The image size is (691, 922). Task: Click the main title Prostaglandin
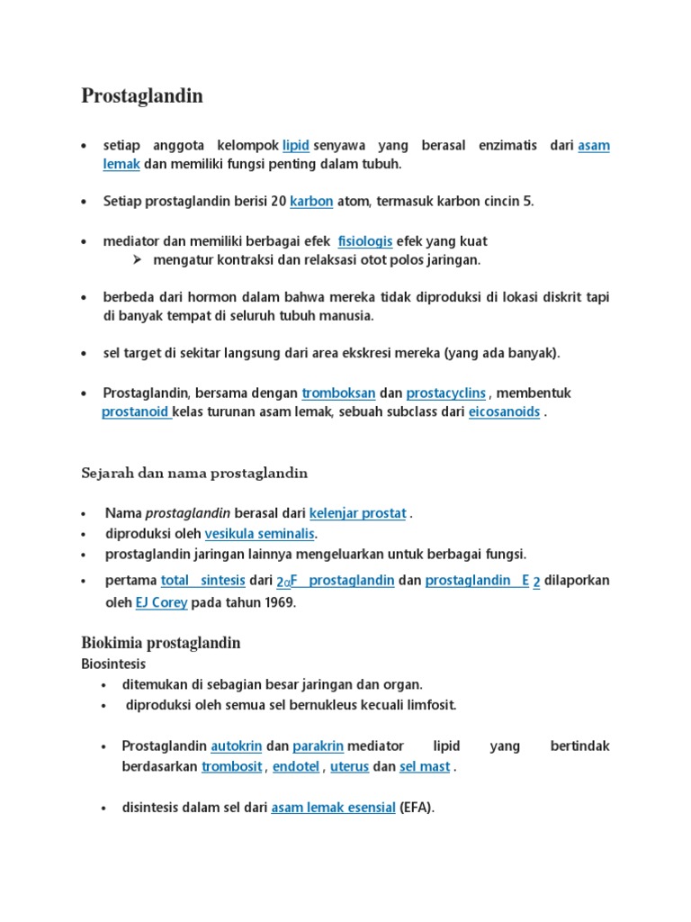[142, 96]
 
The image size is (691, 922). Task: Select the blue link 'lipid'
[296, 146]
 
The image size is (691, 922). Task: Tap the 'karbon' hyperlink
[311, 203]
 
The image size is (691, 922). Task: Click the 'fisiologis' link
[364, 242]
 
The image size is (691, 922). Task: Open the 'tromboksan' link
[337, 393]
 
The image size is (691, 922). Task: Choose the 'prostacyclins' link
[446, 393]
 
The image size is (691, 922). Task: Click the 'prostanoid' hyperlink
[135, 412]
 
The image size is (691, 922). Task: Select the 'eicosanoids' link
[504, 412]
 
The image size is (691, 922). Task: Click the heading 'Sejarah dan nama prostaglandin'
[194, 473]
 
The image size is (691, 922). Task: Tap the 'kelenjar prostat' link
[357, 513]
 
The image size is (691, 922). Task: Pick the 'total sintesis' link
[202, 581]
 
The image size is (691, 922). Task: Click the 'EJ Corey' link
[161, 603]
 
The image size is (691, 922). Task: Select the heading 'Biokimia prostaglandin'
[161, 644]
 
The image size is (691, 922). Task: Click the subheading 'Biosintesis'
[113, 664]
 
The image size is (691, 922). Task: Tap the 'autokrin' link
[236, 746]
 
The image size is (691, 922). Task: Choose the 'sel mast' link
[425, 767]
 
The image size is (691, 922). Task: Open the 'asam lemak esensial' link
[333, 808]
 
